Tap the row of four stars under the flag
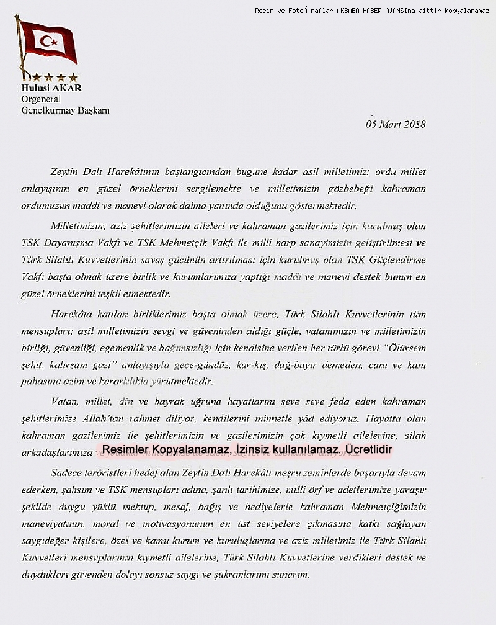pos(55,78)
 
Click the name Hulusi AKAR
pos(51,88)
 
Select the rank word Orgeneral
pos(41,99)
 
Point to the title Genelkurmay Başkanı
pos(65,110)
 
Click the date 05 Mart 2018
pos(396,124)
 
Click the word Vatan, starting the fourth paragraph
pos(64,402)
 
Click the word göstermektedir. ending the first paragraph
pos(321,205)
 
